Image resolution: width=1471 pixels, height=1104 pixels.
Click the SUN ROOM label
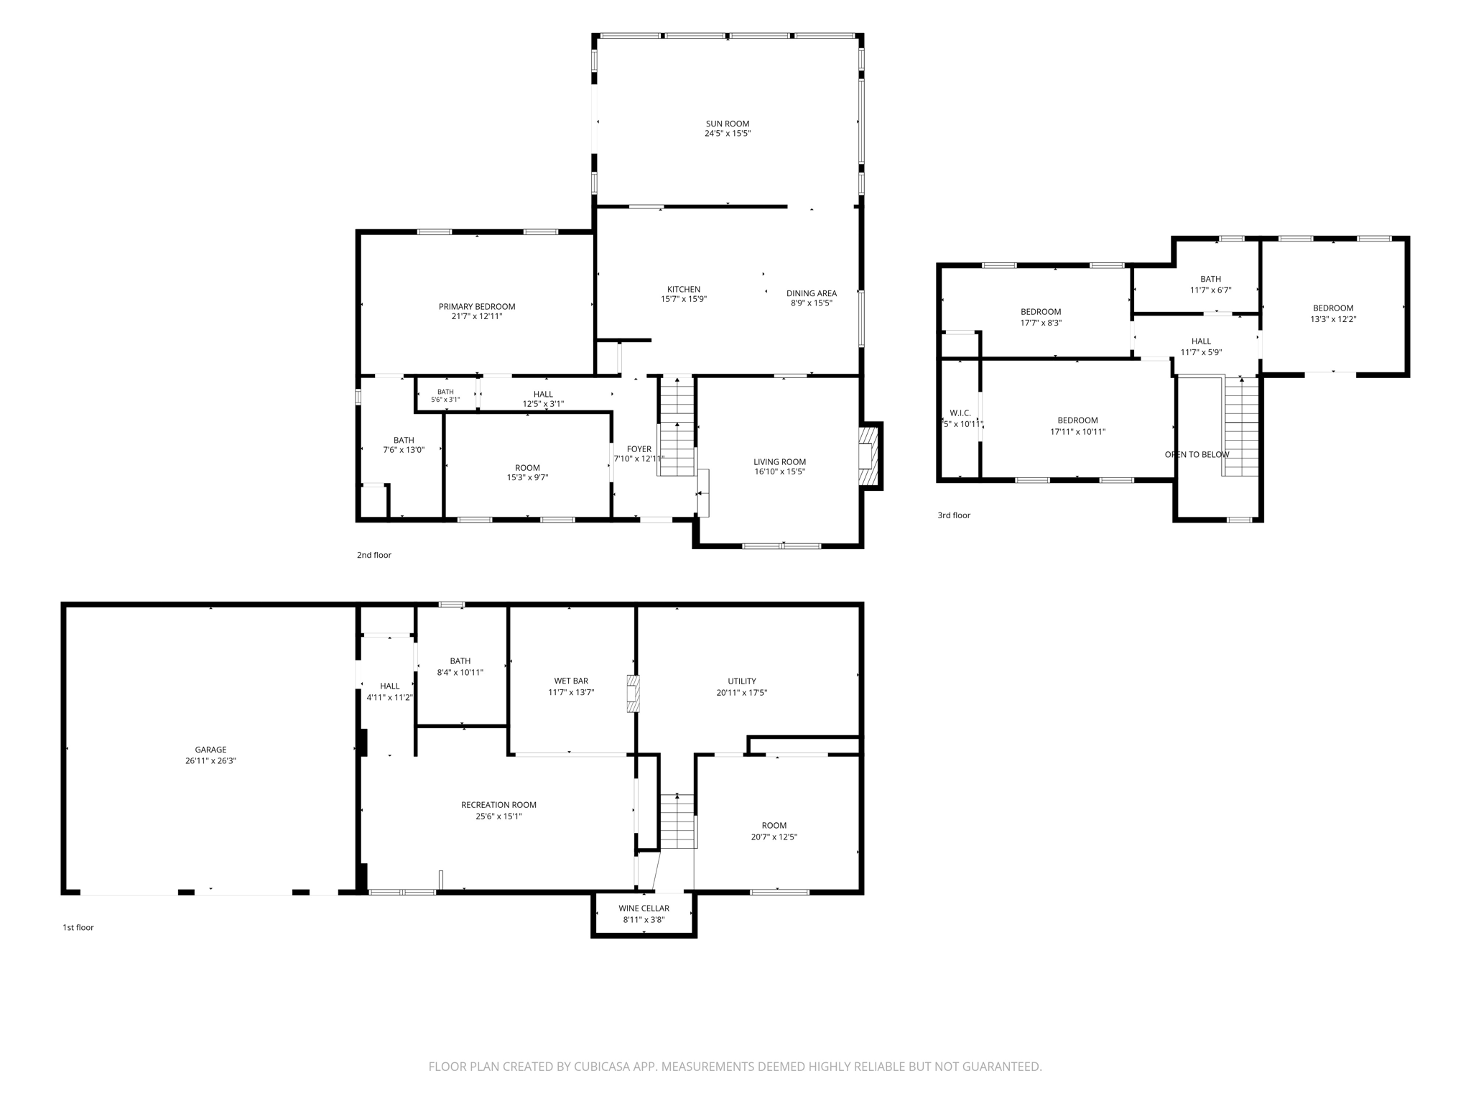(x=727, y=124)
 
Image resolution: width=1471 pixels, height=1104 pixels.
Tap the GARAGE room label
(x=210, y=750)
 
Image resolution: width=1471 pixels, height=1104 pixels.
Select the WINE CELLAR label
(x=644, y=908)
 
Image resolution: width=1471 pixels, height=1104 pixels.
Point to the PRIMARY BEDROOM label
(x=477, y=307)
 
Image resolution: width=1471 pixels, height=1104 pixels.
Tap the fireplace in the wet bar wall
(x=632, y=694)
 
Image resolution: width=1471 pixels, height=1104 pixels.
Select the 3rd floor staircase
(x=1241, y=426)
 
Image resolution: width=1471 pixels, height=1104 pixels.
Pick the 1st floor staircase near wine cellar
(x=677, y=822)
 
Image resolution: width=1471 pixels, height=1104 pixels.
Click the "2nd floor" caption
(x=373, y=555)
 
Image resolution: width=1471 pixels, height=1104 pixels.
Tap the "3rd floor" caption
(x=954, y=515)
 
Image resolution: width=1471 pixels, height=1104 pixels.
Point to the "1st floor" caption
(x=78, y=927)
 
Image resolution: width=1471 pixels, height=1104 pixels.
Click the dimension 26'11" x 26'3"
(x=210, y=760)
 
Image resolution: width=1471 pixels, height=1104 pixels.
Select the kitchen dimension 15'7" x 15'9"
(x=684, y=299)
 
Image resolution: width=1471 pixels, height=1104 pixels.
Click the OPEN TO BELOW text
(x=1197, y=454)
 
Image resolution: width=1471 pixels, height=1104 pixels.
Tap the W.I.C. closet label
(x=960, y=413)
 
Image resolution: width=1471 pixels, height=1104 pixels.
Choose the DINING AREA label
(x=812, y=293)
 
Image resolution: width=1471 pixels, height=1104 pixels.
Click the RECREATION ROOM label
(x=498, y=805)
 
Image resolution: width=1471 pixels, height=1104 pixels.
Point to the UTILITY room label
(x=742, y=681)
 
